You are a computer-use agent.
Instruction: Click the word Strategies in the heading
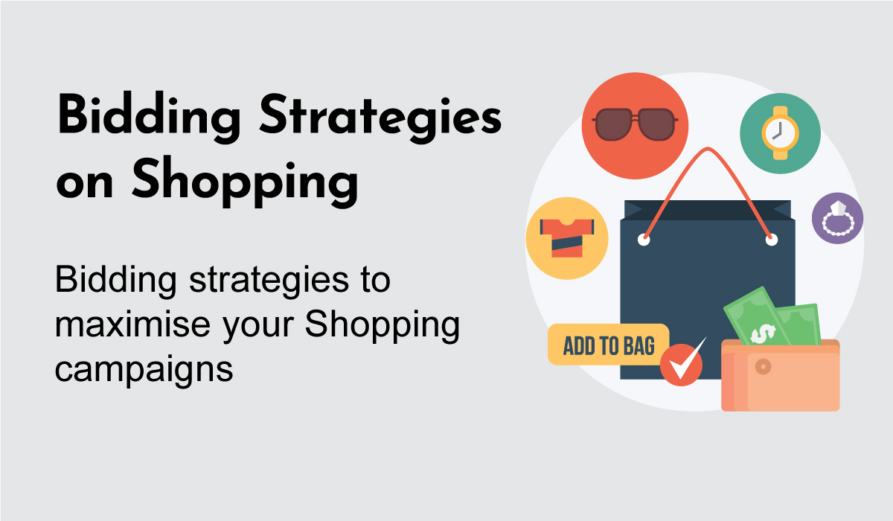pos(380,118)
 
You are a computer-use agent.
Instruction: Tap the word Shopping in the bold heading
pos(245,182)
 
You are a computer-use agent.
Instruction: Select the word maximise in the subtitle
pos(132,325)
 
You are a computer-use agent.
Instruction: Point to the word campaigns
pos(144,369)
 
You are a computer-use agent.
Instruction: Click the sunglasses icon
pos(635,124)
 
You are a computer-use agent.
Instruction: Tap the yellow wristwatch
pos(780,133)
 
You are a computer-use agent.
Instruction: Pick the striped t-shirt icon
pos(567,238)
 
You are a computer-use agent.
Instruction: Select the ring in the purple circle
pos(838,220)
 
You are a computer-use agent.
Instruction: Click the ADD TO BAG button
pos(609,345)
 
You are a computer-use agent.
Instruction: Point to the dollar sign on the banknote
pos(763,333)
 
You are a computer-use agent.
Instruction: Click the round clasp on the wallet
pos(763,366)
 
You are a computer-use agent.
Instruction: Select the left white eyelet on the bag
pos(644,240)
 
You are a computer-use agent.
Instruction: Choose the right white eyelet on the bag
pos(772,240)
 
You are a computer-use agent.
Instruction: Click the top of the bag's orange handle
pos(707,149)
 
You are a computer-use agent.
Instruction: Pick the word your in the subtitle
pos(258,327)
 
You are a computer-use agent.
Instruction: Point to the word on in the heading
pos(85,183)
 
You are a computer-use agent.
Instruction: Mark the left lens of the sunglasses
pos(613,125)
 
